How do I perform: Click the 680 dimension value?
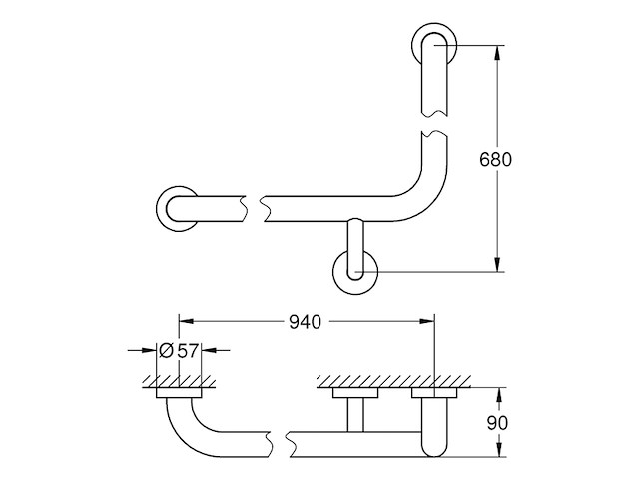click(x=496, y=160)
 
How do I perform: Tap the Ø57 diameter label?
click(x=180, y=350)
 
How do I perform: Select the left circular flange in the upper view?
click(x=175, y=208)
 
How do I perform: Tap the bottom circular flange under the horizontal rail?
click(x=355, y=271)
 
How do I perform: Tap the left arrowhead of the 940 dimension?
click(x=186, y=321)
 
